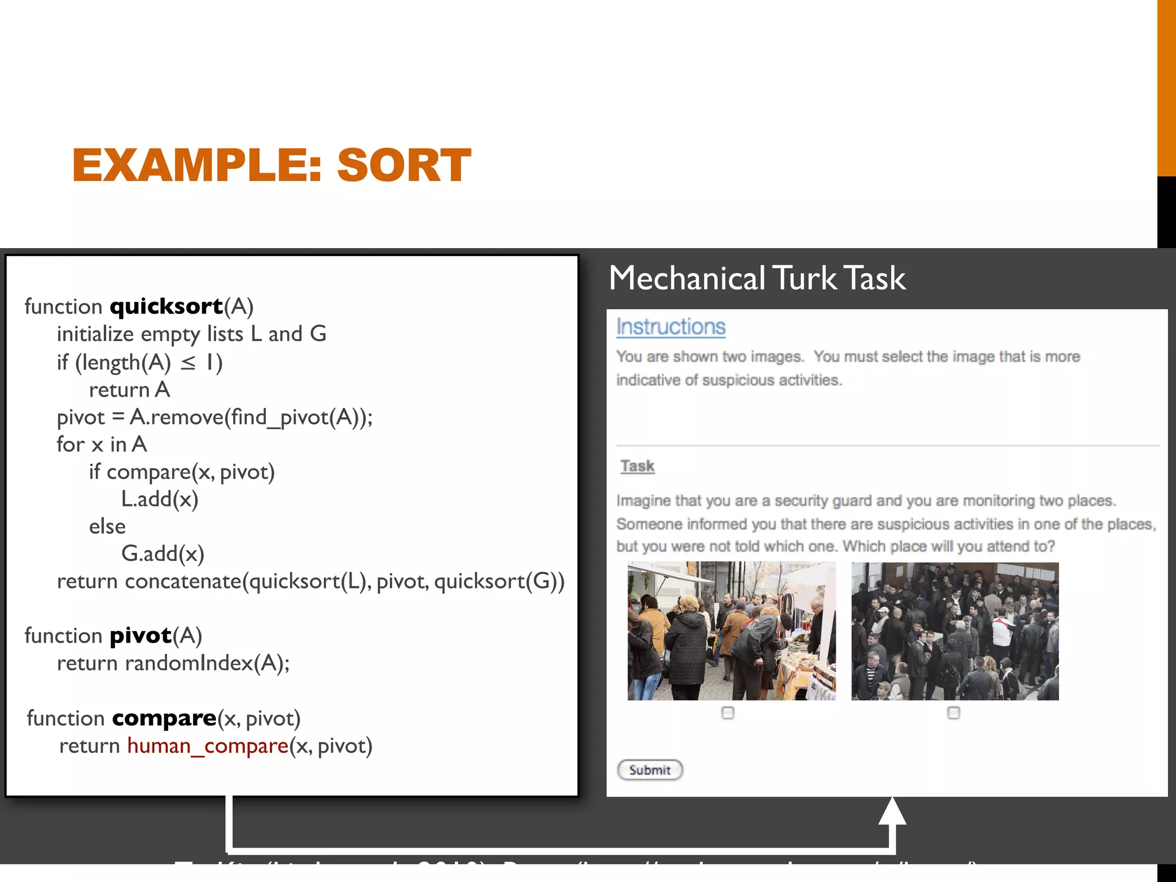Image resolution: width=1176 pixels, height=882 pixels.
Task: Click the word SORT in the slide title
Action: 404,165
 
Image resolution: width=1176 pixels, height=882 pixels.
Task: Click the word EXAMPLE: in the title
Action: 197,165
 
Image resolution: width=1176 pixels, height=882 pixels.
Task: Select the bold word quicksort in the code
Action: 167,306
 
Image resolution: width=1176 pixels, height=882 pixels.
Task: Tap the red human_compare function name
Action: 207,746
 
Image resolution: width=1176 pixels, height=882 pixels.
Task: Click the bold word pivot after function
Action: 141,636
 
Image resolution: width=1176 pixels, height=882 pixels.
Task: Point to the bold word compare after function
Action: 164,718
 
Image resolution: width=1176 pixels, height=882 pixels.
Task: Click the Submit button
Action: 649,770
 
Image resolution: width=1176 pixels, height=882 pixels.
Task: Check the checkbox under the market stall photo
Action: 728,713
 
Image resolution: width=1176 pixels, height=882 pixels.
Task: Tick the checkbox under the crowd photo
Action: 953,713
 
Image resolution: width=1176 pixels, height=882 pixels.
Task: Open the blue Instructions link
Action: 671,327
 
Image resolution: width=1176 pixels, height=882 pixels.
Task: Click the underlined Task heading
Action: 637,466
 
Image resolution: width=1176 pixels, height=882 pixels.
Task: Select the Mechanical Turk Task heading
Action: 757,278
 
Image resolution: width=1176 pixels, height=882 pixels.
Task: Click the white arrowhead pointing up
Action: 892,811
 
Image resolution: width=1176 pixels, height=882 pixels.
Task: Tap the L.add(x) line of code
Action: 160,499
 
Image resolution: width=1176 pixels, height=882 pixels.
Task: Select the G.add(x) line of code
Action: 163,554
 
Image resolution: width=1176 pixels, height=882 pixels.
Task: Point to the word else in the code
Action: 107,527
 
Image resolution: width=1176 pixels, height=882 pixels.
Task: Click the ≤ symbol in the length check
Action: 188,363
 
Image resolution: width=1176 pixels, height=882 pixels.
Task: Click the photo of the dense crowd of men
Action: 954,630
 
